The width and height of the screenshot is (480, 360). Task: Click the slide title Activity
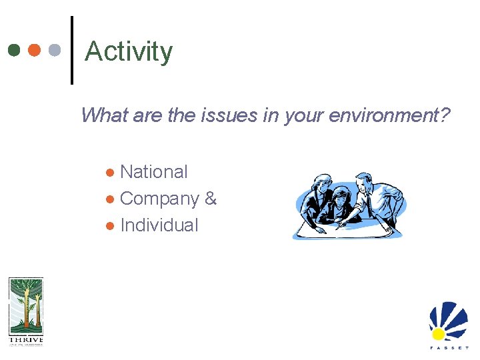click(x=129, y=51)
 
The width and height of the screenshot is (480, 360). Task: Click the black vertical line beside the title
click(x=71, y=51)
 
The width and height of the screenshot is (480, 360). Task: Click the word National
click(x=154, y=172)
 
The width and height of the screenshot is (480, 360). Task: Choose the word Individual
click(x=159, y=225)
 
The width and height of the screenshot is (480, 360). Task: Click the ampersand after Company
click(x=211, y=199)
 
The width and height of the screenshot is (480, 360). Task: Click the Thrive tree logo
click(x=25, y=306)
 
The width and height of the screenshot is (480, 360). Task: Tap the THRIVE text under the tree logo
click(x=25, y=340)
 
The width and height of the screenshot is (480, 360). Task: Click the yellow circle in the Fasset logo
click(x=438, y=333)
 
